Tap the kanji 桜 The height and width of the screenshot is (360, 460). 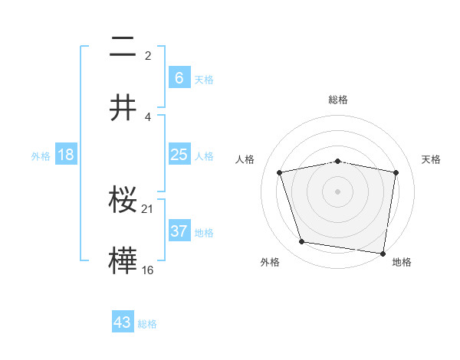point(123,200)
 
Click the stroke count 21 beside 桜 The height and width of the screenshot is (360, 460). point(149,208)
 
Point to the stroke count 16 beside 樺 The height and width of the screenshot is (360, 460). point(148,270)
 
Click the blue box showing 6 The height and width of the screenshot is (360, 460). point(179,78)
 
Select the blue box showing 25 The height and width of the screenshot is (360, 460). point(179,155)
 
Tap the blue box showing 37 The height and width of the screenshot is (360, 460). point(179,231)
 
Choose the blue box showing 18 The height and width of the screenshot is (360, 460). point(66,155)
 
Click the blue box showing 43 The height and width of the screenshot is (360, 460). point(123,322)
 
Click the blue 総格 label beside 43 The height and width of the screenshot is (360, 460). point(147,324)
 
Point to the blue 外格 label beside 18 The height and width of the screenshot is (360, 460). point(41,156)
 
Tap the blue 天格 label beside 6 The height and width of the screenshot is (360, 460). point(203,80)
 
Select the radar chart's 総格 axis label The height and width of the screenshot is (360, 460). point(338,100)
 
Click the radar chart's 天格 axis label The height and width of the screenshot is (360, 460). point(432,159)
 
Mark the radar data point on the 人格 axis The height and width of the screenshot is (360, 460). point(280,172)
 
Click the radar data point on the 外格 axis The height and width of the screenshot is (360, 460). point(302,242)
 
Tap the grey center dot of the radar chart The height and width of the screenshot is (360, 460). point(338,191)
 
